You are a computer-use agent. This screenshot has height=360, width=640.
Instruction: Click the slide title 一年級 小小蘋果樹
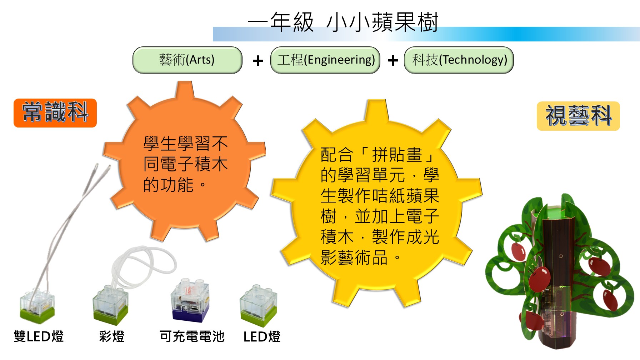(x=343, y=22)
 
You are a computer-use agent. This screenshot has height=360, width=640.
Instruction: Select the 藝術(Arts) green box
(x=187, y=60)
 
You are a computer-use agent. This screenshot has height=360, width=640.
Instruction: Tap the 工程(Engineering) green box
(x=325, y=60)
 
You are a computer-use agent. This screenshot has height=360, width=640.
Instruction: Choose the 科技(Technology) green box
(x=459, y=60)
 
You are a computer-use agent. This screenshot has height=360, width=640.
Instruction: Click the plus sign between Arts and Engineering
(x=258, y=61)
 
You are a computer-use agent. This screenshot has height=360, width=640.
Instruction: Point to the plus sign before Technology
(x=393, y=61)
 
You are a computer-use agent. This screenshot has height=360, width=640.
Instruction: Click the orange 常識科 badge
(x=55, y=113)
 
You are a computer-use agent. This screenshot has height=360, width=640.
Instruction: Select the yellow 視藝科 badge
(x=578, y=116)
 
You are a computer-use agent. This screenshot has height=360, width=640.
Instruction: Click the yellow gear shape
(x=377, y=204)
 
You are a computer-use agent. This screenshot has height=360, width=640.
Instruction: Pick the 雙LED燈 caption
(x=39, y=336)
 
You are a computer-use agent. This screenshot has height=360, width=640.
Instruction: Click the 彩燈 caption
(x=112, y=336)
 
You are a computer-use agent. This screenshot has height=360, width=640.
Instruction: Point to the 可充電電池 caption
(x=192, y=336)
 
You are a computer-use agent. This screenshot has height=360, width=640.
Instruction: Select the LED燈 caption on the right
(x=262, y=336)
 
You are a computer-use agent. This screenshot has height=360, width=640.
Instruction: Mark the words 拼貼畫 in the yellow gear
(x=397, y=155)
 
